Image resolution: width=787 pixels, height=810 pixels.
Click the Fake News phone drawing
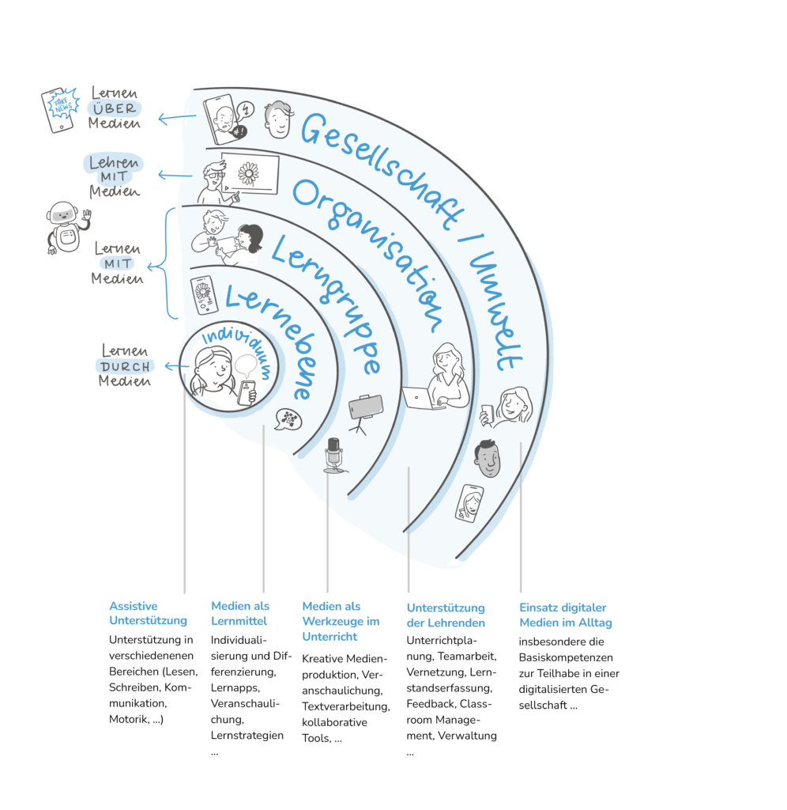click(x=60, y=109)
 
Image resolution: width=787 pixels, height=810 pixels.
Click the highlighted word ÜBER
click(x=115, y=108)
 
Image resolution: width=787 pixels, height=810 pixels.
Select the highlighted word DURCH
click(x=125, y=367)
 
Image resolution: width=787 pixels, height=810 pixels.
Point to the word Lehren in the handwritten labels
click(x=114, y=163)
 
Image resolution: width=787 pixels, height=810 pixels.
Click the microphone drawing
click(x=334, y=455)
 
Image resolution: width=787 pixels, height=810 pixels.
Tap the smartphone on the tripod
click(x=365, y=413)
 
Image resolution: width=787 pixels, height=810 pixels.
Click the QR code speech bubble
click(x=288, y=419)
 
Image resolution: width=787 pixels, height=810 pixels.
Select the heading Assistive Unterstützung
click(x=148, y=613)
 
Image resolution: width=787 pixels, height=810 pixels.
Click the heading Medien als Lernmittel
click(x=240, y=613)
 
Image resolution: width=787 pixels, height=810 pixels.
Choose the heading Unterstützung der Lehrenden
click(x=446, y=615)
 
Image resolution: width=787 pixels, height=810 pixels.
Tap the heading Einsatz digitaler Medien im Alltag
click(x=566, y=615)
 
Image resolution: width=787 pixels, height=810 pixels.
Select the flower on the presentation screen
click(x=249, y=173)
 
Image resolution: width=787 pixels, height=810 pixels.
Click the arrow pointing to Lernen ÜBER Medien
click(x=176, y=119)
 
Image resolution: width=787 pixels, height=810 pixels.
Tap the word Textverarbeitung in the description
click(x=346, y=706)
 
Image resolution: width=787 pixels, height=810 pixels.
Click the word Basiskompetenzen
click(x=566, y=657)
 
